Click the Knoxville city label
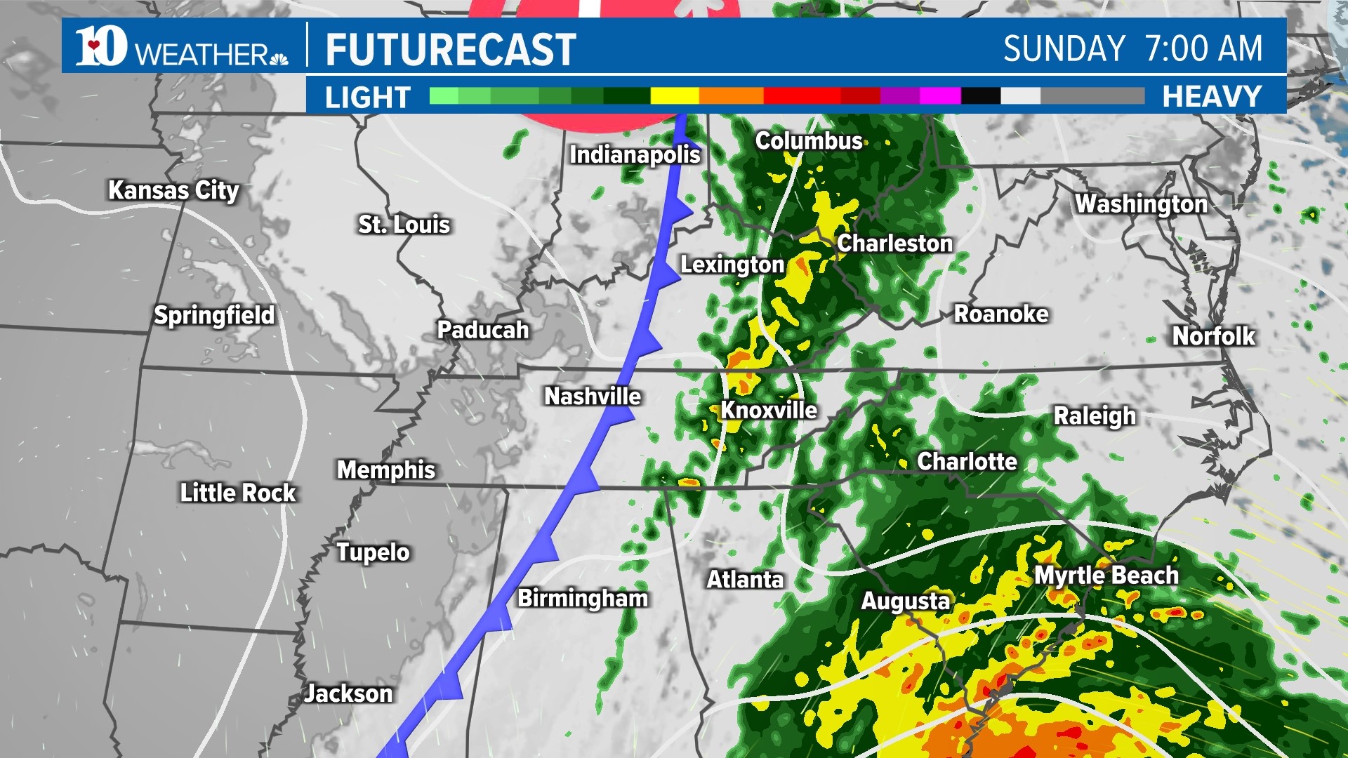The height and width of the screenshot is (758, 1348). [x=769, y=410]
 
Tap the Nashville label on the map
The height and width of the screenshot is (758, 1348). [x=593, y=397]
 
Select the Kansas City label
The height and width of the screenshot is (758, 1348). [x=173, y=190]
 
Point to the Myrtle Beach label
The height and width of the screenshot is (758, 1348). [x=1106, y=576]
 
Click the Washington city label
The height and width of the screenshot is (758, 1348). [x=1141, y=204]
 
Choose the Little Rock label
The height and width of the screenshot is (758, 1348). [x=238, y=493]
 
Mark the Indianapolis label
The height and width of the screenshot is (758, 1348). [x=635, y=154]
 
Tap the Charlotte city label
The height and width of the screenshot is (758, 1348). [x=967, y=461]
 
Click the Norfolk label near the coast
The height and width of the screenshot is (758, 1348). [x=1213, y=336]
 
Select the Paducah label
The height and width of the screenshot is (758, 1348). [x=483, y=330]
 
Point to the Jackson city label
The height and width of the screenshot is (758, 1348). [x=348, y=693]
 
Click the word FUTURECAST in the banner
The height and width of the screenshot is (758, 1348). [x=451, y=49]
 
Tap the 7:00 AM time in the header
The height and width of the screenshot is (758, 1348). [x=1203, y=48]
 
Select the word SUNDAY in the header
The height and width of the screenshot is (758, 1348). [x=1064, y=48]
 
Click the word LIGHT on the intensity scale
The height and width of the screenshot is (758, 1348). [x=367, y=97]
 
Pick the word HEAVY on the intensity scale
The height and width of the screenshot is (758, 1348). [x=1212, y=96]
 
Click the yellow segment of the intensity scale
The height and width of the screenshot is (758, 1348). [x=674, y=96]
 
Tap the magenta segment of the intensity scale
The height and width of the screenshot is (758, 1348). [x=939, y=96]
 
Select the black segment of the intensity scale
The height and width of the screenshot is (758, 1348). [x=980, y=96]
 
